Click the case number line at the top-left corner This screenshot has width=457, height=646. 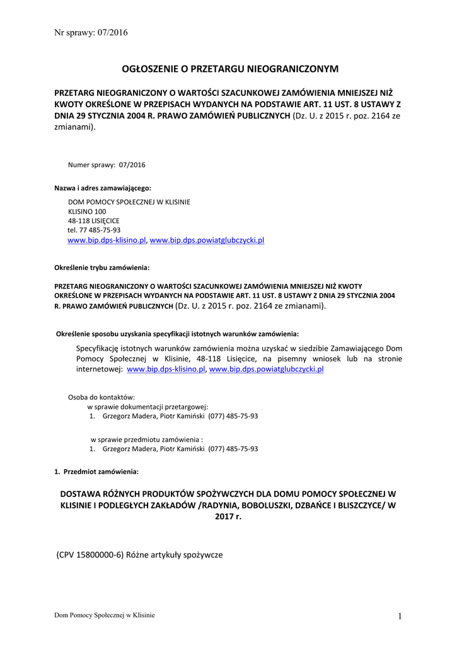pyautogui.click(x=91, y=33)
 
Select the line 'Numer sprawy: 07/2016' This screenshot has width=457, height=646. pyautogui.click(x=107, y=165)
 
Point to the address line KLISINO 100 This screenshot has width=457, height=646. pyautogui.click(x=87, y=211)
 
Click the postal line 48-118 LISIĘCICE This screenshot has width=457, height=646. pyautogui.click(x=93, y=221)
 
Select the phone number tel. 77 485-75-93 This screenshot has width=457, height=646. pyautogui.click(x=94, y=230)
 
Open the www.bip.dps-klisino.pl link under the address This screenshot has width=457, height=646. pyautogui.click(x=107, y=240)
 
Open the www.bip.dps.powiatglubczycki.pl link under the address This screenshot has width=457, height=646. pyautogui.click(x=207, y=240)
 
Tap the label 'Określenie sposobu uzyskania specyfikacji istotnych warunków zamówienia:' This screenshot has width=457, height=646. pyautogui.click(x=178, y=333)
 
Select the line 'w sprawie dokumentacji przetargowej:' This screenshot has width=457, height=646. pyautogui.click(x=148, y=407)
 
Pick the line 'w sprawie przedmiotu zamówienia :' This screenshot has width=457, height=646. pyautogui.click(x=147, y=439)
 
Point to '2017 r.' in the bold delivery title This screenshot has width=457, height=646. pyautogui.click(x=228, y=516)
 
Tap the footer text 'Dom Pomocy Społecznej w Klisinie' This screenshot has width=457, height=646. pyautogui.click(x=104, y=615)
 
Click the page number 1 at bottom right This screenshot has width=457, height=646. pyautogui.click(x=400, y=616)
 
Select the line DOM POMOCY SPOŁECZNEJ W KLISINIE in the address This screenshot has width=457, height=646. pyautogui.click(x=129, y=202)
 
